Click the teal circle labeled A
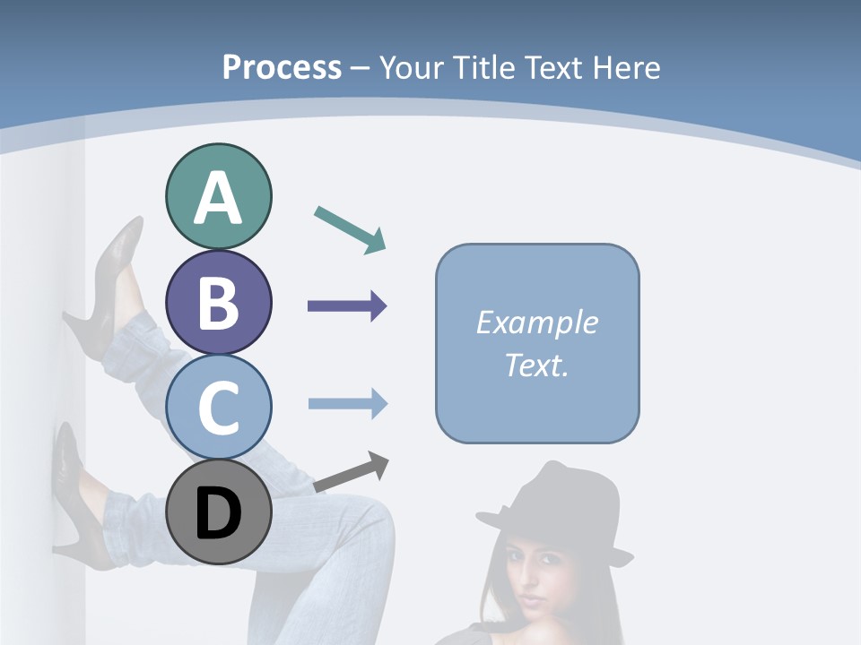click(x=218, y=196)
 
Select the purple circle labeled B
click(x=218, y=302)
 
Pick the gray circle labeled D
click(x=218, y=512)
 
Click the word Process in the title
click(x=282, y=67)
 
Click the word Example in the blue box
click(x=536, y=322)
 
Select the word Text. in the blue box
click(x=536, y=365)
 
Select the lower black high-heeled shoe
click(x=74, y=488)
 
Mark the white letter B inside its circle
click(x=218, y=302)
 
